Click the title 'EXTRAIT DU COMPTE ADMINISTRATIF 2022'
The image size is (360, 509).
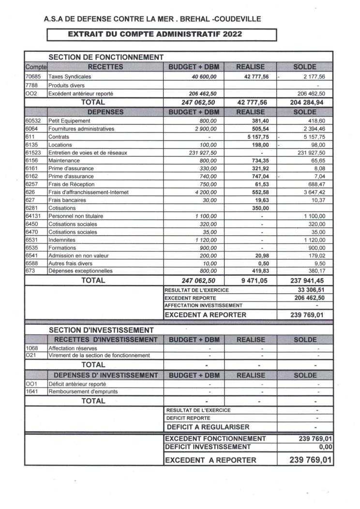pos(154,34)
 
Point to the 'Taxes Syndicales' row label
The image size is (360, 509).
pos(70,76)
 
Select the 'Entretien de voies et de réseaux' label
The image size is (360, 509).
pos(88,152)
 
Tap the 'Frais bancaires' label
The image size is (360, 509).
pos(67,200)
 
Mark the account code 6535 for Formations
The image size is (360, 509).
pos(32,247)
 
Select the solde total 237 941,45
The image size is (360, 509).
pos(305,280)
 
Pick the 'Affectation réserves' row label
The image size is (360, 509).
pos(73,348)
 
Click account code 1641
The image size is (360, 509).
pos(31,391)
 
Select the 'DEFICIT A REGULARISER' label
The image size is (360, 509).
pos(208,427)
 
